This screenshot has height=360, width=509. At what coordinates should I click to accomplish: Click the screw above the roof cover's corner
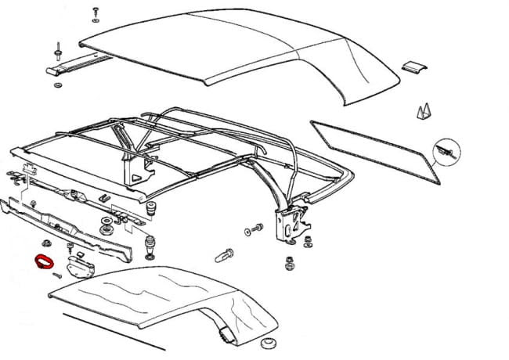95,11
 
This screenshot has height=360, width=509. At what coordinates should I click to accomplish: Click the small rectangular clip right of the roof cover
416,69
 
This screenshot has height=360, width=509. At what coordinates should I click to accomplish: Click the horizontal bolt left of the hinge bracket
254,231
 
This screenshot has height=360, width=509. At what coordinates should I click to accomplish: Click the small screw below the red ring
57,275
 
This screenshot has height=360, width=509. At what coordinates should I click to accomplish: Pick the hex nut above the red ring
48,243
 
